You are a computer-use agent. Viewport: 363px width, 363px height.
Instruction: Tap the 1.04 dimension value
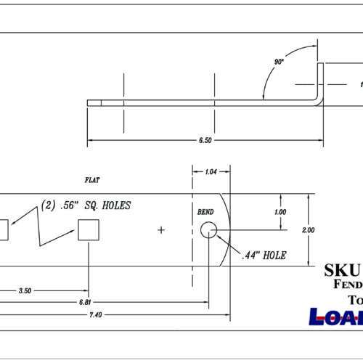click(210, 173)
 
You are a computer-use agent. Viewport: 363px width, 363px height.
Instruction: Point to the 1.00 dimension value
click(280, 212)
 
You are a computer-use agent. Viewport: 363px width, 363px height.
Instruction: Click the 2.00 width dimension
click(308, 229)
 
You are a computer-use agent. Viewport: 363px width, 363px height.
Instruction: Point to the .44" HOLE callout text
click(264, 256)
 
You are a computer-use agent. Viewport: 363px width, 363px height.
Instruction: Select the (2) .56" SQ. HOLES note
click(86, 205)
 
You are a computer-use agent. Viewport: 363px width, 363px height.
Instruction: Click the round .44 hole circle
click(208, 231)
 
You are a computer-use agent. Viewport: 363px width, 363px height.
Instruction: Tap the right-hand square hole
click(89, 231)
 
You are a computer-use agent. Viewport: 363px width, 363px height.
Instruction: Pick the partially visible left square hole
click(4, 231)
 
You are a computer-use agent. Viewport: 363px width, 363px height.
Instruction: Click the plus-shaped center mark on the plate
click(161, 231)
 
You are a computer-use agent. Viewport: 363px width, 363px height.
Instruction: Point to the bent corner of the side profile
click(319, 100)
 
